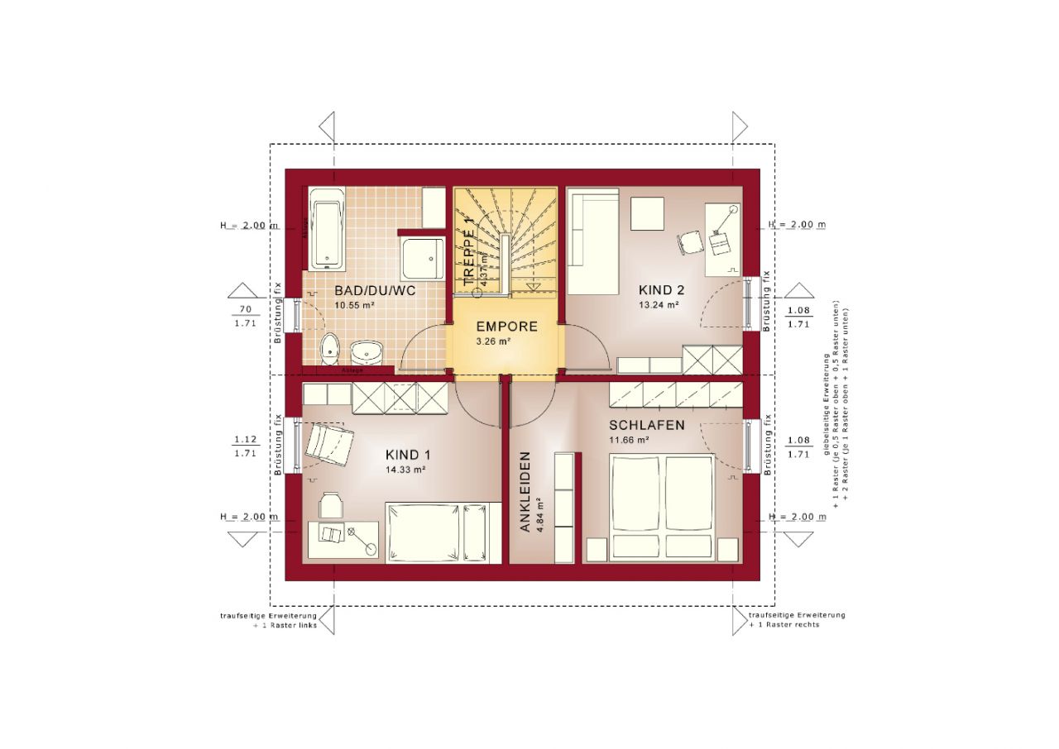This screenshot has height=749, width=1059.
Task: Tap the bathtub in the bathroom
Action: point(326,228)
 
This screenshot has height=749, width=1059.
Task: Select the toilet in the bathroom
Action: point(330,350)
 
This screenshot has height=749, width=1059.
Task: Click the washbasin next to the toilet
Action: point(366,351)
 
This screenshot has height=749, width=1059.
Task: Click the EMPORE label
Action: point(506,327)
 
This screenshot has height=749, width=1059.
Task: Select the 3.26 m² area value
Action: point(493,341)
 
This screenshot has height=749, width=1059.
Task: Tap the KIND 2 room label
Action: point(661,290)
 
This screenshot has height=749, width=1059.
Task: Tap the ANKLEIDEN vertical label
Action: point(525,491)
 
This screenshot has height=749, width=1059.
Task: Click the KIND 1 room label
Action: point(408,456)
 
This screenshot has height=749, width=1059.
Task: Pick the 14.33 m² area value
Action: point(405,470)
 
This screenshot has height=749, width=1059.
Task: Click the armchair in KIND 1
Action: point(328,444)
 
